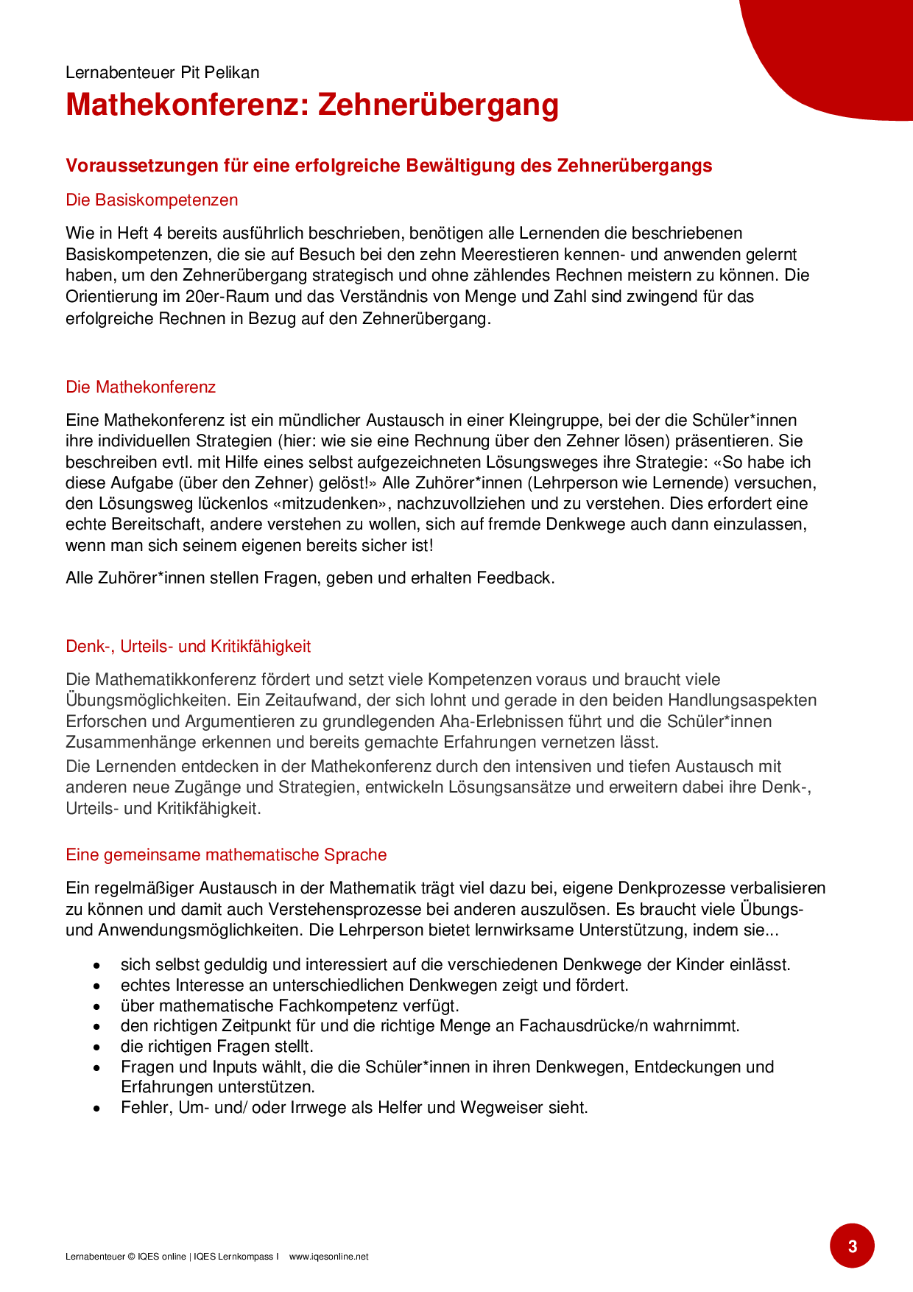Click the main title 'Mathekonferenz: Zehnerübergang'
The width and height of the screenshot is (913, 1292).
point(312,105)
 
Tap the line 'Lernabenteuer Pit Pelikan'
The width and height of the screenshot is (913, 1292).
point(162,72)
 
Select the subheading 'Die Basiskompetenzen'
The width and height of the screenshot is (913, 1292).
point(152,200)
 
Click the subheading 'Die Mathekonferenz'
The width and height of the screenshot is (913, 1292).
point(141,387)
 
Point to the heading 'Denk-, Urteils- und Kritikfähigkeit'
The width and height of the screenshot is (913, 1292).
point(188,646)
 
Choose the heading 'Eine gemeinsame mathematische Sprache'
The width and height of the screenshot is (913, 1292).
point(226,854)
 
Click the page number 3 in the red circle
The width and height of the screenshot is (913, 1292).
point(852,1246)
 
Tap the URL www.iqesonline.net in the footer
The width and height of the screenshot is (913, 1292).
point(328,1257)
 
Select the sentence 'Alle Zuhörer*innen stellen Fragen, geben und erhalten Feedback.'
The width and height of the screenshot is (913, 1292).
point(310,577)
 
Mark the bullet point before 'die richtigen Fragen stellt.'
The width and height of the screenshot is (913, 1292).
point(96,1047)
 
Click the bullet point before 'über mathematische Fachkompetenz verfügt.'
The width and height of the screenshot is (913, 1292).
point(96,1006)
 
